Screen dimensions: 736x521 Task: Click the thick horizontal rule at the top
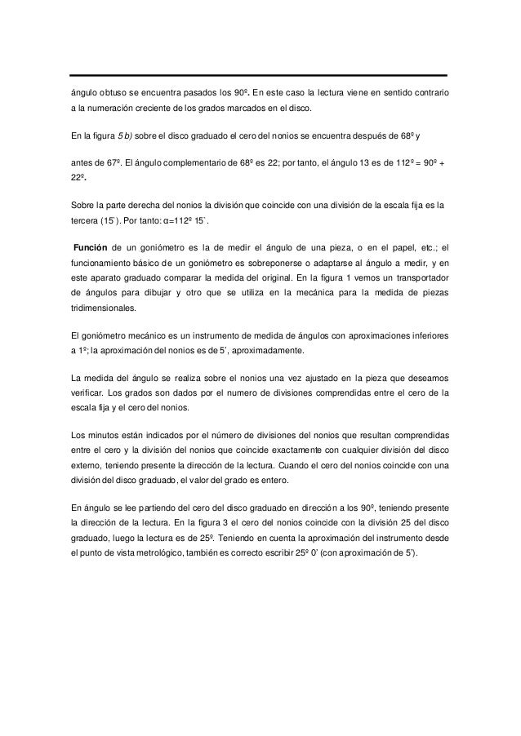click(x=260, y=76)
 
